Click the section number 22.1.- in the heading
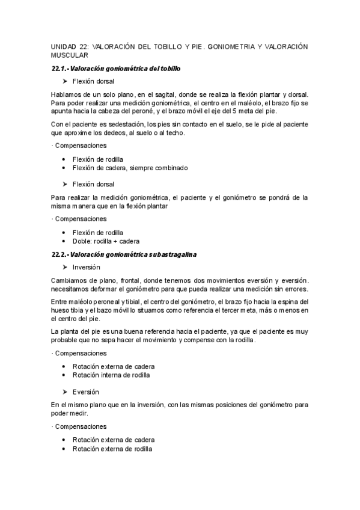(x=61, y=69)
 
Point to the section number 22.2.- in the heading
(x=61, y=254)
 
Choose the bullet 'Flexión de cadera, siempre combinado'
(x=130, y=168)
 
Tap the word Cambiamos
(x=69, y=280)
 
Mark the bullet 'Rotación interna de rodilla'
(x=111, y=375)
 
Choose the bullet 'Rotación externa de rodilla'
(x=112, y=449)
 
